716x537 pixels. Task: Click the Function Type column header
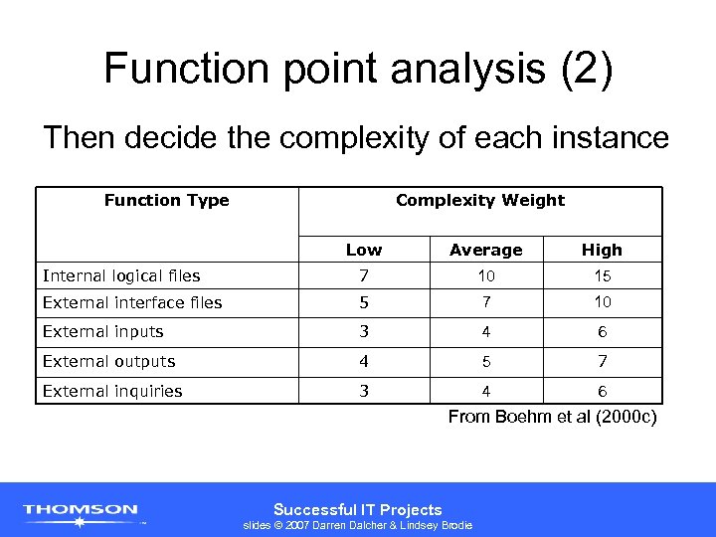click(x=166, y=201)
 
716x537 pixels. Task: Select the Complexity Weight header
click(x=479, y=201)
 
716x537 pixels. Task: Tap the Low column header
click(x=364, y=250)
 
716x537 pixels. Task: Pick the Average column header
click(x=485, y=250)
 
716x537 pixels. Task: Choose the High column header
click(x=602, y=250)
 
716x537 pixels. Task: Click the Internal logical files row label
click(x=121, y=275)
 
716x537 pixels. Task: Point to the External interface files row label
click(x=132, y=302)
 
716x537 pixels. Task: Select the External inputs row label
click(x=102, y=331)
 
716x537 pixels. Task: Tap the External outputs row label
click(x=108, y=361)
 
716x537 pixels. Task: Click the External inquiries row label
click(x=112, y=391)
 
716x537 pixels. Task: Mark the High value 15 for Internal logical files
click(x=603, y=275)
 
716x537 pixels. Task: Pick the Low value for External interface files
click(x=364, y=302)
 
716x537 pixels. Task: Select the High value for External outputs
click(x=603, y=361)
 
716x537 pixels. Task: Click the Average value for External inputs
click(x=485, y=331)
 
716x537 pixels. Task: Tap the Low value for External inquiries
click(x=364, y=391)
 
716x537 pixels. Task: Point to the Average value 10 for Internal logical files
click(x=485, y=275)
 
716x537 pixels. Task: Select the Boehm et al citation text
click(x=552, y=417)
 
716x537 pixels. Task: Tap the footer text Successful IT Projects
click(x=357, y=509)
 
